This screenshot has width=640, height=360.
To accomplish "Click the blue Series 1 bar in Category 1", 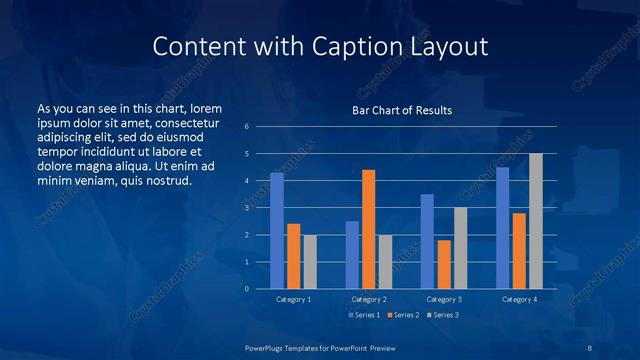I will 277,231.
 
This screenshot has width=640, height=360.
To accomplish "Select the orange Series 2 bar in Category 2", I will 369,229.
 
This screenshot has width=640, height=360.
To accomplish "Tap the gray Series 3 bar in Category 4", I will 536,221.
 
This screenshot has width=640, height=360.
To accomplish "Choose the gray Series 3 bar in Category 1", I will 310,262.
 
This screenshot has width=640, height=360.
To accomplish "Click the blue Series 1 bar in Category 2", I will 352,255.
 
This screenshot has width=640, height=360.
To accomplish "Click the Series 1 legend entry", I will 364,315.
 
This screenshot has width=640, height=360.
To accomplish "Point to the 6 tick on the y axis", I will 247,127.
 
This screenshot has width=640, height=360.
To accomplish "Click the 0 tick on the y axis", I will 247,289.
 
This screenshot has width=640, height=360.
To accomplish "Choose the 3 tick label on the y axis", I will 247,208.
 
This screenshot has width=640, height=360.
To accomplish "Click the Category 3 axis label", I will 444,299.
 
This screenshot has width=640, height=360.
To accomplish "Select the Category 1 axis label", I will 293,299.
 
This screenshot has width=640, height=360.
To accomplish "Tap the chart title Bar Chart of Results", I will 402,110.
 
